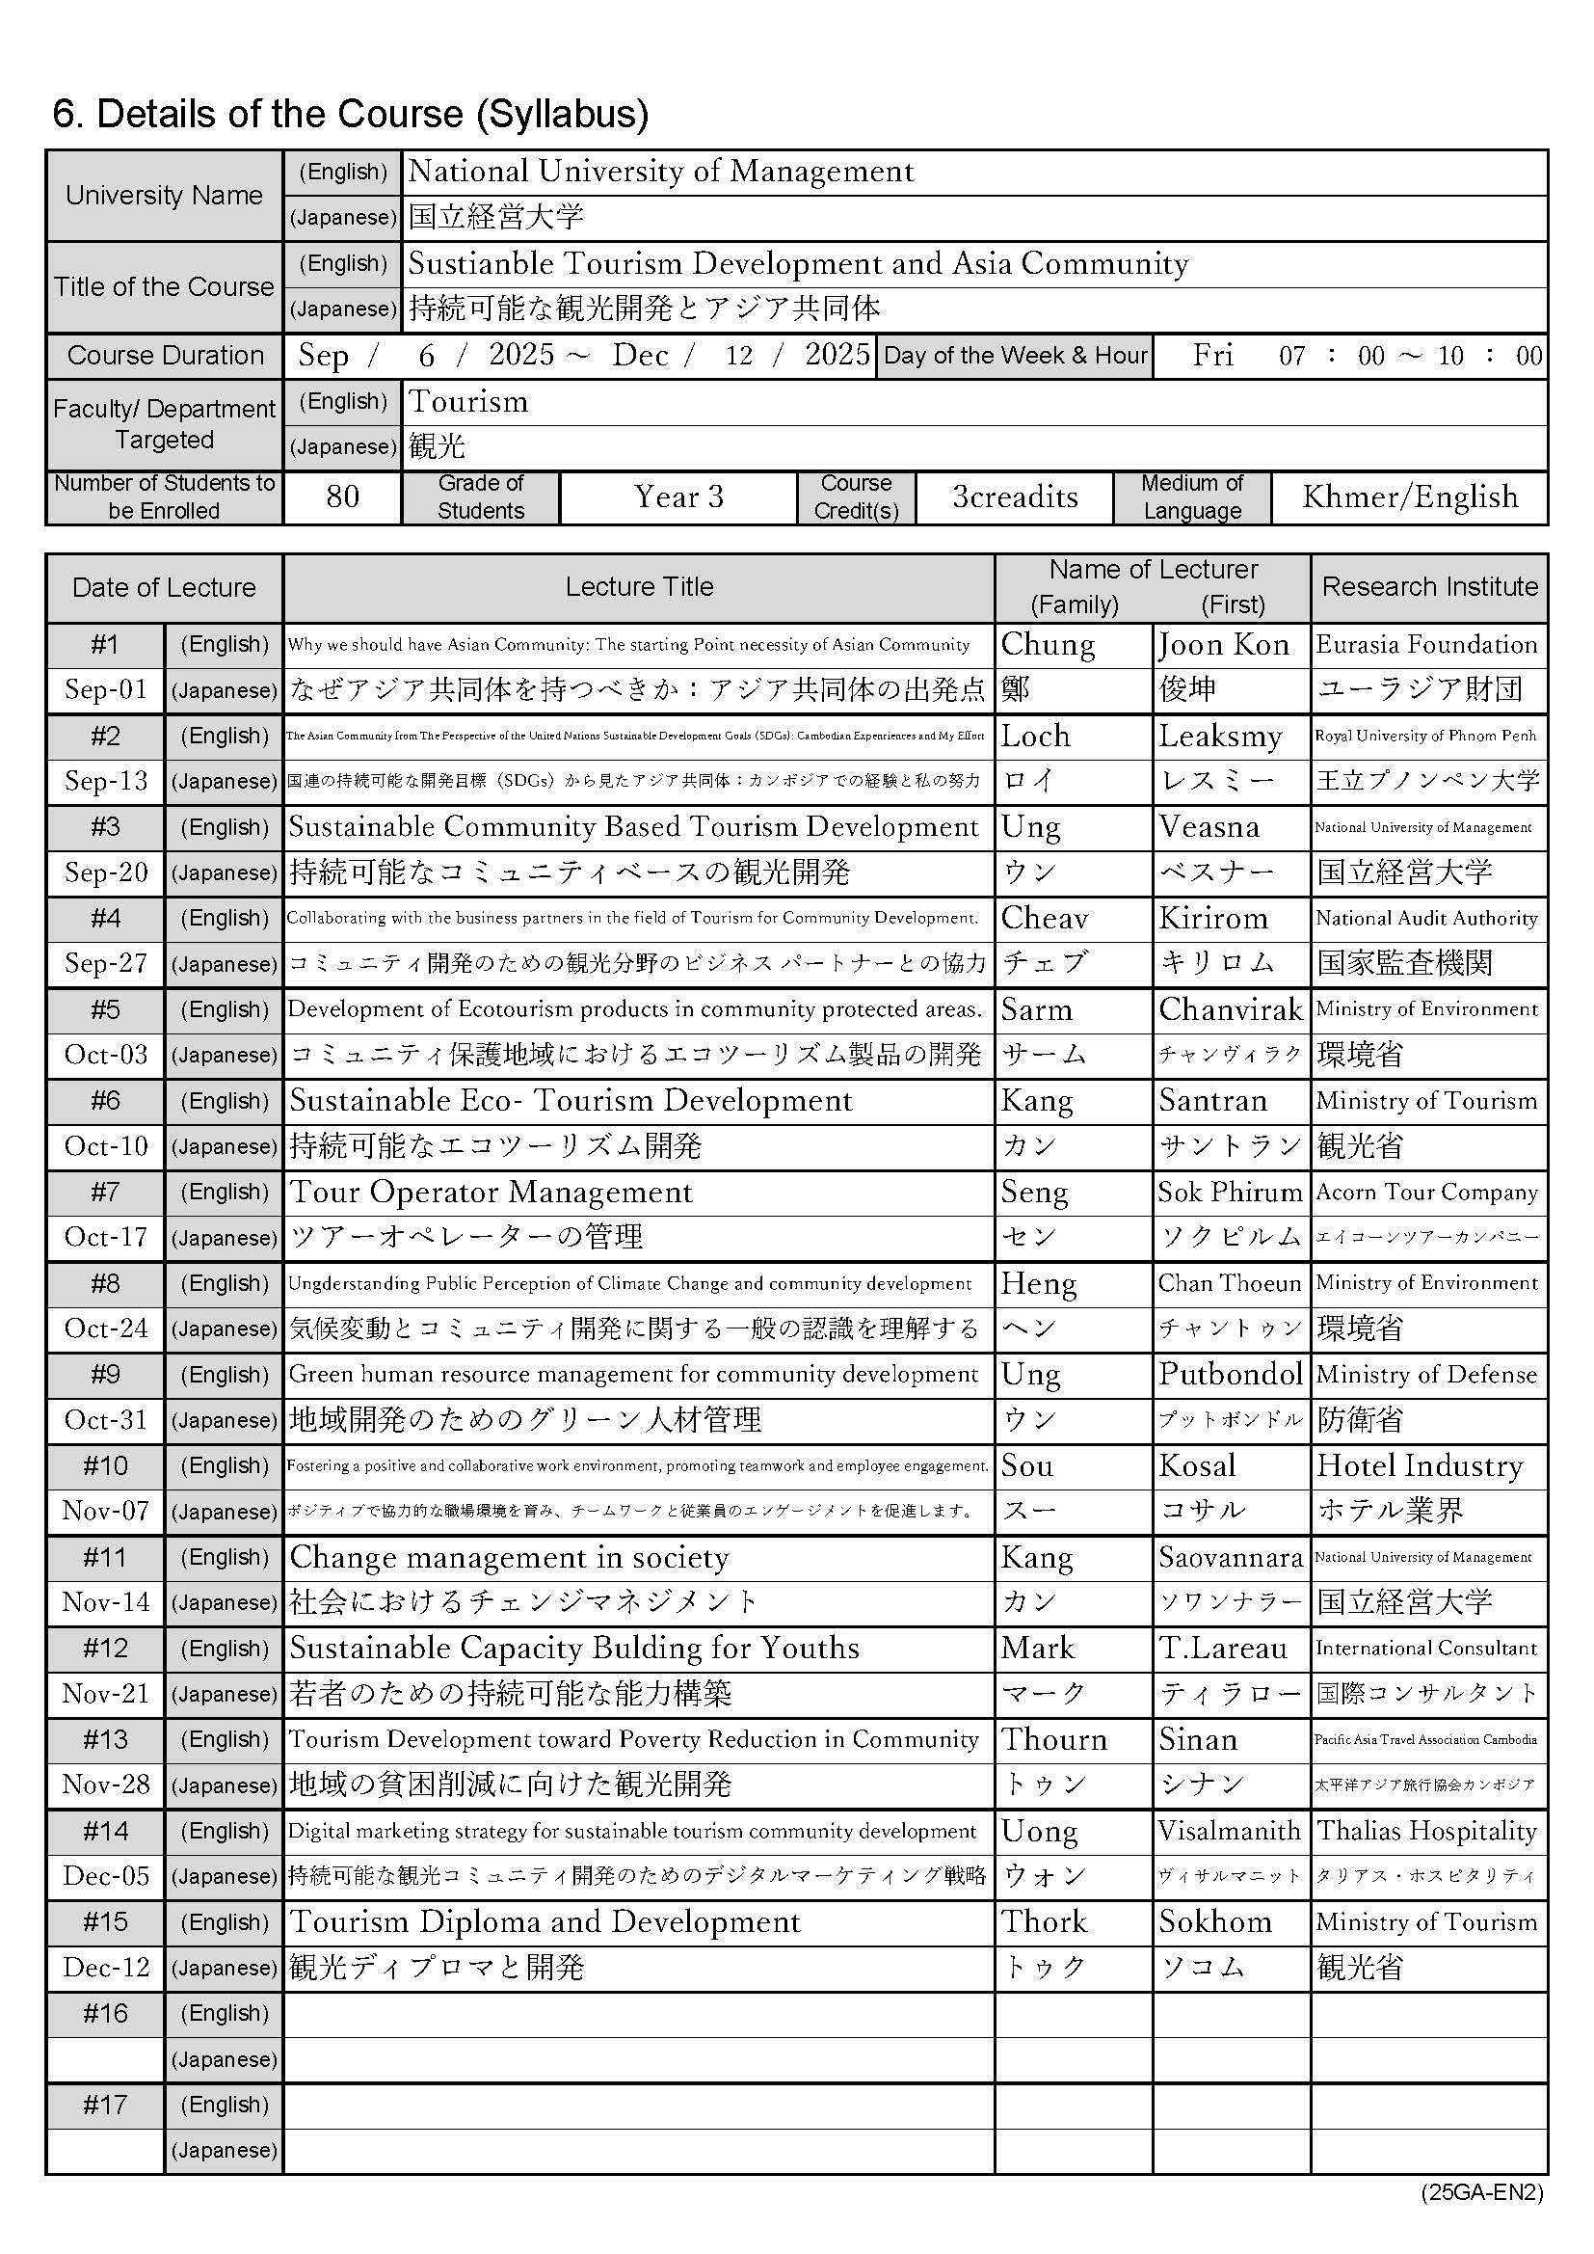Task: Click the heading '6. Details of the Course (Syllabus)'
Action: tap(351, 115)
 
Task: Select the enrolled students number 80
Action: tap(341, 496)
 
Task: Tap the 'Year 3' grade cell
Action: tap(678, 496)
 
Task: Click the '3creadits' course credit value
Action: tap(1015, 496)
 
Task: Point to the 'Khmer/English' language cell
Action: tap(1410, 496)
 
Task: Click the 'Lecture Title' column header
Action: tap(639, 587)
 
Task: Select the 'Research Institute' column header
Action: tap(1430, 587)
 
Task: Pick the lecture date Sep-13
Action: tap(106, 782)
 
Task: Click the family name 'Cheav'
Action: tap(1045, 918)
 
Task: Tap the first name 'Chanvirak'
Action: tap(1231, 1009)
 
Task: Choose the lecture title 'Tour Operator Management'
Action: tap(491, 1192)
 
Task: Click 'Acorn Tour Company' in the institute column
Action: tap(1426, 1192)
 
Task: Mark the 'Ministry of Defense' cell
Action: tap(1426, 1375)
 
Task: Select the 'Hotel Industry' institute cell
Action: tap(1420, 1465)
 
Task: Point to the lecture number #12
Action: tap(105, 1649)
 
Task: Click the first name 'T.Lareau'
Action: tap(1223, 1649)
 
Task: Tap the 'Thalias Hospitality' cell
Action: tap(1426, 1831)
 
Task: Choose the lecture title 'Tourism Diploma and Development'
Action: tap(545, 1922)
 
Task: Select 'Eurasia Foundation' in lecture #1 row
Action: tap(1426, 645)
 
